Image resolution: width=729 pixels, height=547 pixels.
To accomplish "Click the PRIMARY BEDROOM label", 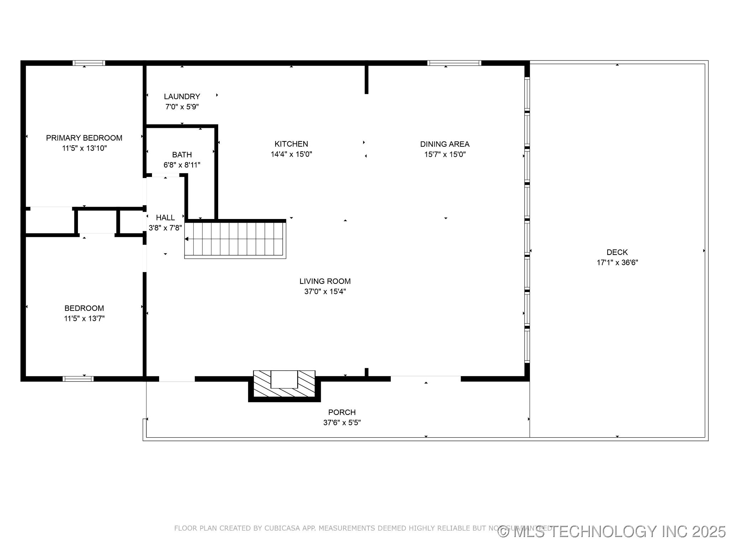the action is pyautogui.click(x=84, y=138).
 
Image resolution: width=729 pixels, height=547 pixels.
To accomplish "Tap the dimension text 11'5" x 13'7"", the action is pyautogui.click(x=84, y=318).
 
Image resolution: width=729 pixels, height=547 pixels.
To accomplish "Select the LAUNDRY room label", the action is pyautogui.click(x=182, y=97).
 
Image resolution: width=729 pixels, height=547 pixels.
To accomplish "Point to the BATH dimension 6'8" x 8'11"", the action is pyautogui.click(x=182, y=165).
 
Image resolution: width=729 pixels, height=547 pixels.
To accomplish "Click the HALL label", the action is pyautogui.click(x=165, y=218).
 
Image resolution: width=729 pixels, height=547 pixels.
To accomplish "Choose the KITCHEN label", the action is pyautogui.click(x=291, y=144).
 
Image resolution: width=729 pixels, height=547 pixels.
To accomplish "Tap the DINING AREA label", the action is pyautogui.click(x=445, y=144).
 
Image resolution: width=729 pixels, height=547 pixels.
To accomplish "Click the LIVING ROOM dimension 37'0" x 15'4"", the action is pyautogui.click(x=325, y=291).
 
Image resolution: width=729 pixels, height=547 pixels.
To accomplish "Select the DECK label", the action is pyautogui.click(x=617, y=252).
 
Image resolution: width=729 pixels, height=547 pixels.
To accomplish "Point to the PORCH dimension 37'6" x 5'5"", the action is pyautogui.click(x=342, y=423).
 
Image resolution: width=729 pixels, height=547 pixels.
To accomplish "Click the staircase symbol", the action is pyautogui.click(x=235, y=239).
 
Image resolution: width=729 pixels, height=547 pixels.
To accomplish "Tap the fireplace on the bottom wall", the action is pyautogui.click(x=284, y=385).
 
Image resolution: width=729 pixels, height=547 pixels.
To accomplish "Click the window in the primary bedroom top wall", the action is pyautogui.click(x=89, y=63).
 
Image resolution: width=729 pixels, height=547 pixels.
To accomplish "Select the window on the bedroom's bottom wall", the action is pyautogui.click(x=78, y=379).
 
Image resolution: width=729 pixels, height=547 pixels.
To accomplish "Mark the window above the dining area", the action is pyautogui.click(x=454, y=63).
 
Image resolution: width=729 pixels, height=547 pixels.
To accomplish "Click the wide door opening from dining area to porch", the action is pyautogui.click(x=426, y=379).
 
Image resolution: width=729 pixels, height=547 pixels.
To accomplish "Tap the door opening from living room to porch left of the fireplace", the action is pyautogui.click(x=177, y=379).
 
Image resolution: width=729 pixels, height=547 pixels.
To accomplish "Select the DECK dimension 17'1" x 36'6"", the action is pyautogui.click(x=617, y=263).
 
